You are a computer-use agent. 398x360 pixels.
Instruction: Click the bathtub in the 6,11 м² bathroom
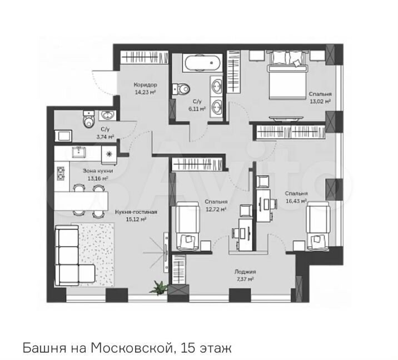coord(203,62)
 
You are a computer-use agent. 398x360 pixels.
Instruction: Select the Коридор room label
coord(145,85)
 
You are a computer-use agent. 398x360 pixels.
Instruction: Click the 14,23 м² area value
coord(145,92)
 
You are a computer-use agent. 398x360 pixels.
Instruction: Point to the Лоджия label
coord(245,272)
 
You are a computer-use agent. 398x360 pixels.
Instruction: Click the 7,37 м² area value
coord(245,279)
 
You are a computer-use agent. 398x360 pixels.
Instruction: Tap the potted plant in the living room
coord(158,287)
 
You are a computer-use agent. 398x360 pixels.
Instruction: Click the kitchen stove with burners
coord(61,173)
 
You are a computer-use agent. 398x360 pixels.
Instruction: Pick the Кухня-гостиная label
coord(136,212)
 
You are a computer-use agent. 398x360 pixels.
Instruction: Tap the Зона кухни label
coord(98,171)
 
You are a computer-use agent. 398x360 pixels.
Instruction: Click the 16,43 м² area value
coord(296,201)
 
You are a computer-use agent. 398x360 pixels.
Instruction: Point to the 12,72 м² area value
coord(216,209)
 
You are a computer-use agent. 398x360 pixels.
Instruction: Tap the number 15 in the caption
coord(188,348)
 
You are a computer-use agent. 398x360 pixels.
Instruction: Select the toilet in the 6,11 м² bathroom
coord(181,89)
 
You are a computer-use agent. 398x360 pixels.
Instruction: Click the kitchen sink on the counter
coord(79,152)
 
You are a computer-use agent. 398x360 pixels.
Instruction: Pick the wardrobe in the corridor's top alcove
coord(144,57)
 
